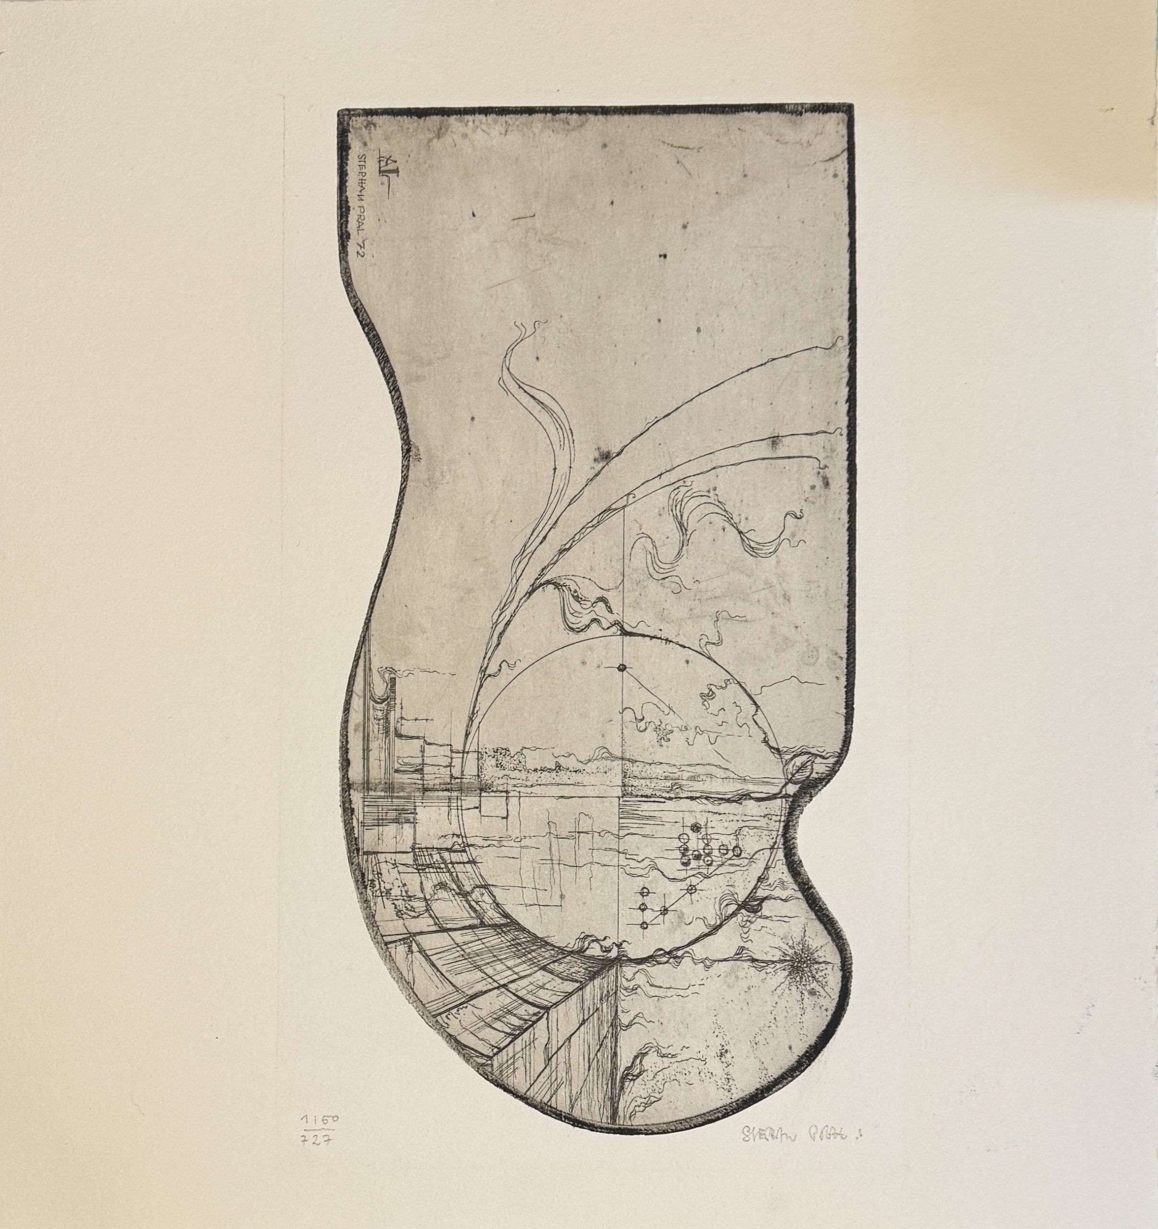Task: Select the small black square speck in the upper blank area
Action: (663, 255)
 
